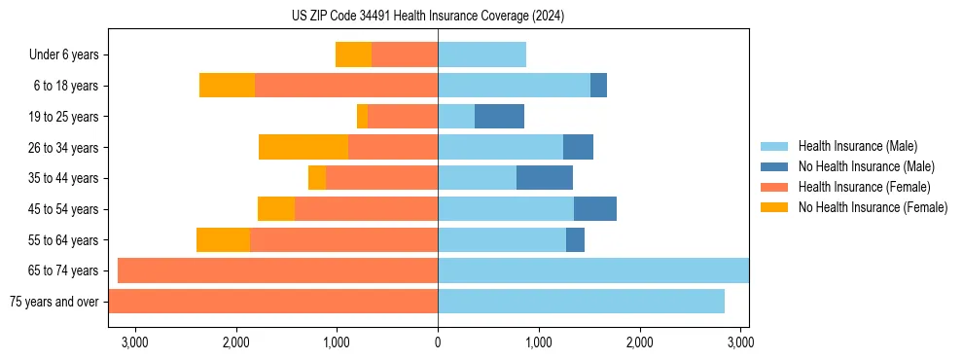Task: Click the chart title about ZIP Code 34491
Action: [427, 17]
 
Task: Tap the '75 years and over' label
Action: [54, 302]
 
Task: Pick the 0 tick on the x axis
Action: [438, 342]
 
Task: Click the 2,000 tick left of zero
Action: [235, 342]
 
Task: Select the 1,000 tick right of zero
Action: [538, 342]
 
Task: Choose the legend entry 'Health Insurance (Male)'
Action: [857, 146]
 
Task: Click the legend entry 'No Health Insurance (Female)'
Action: [873, 207]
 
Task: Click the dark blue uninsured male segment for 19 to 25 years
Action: [499, 117]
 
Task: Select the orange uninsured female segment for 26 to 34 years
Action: [303, 147]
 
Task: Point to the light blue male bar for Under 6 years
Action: [481, 55]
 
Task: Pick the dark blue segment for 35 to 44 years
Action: [544, 178]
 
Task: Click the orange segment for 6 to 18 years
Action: [227, 86]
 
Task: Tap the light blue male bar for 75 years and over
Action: [581, 302]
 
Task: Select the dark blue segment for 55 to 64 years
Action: [575, 239]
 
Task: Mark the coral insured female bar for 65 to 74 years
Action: [277, 270]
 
